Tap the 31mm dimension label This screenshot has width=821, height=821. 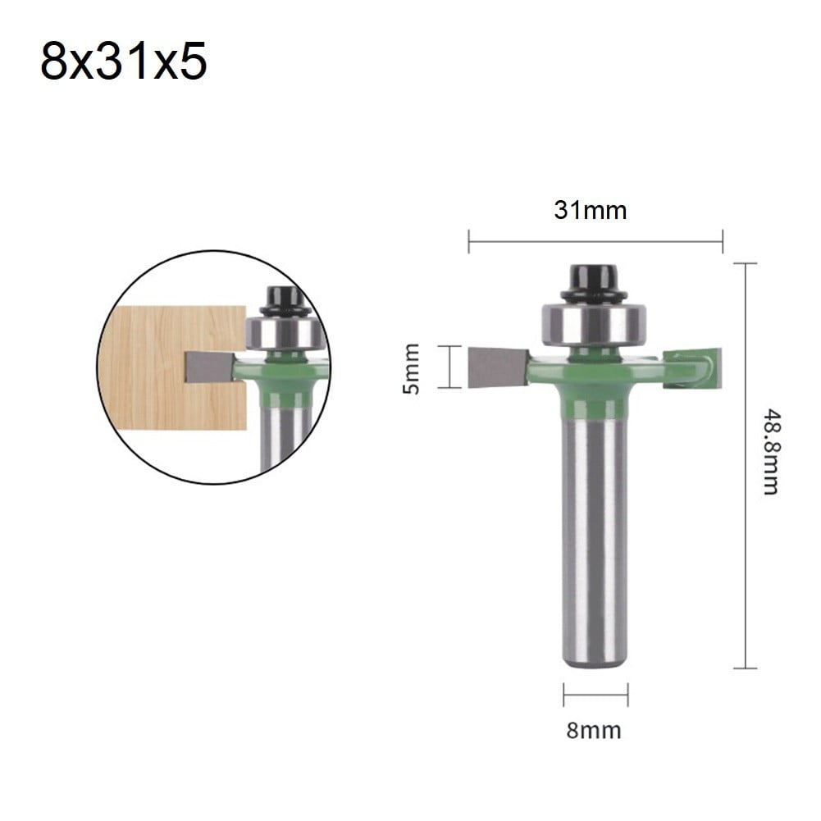[590, 210]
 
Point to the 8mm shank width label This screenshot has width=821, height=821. [594, 729]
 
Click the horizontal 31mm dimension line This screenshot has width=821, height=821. [595, 242]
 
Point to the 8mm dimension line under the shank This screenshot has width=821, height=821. [595, 695]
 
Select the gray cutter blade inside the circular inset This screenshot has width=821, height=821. [210, 367]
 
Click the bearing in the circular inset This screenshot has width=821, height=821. [283, 333]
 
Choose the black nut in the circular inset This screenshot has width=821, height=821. [285, 299]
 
